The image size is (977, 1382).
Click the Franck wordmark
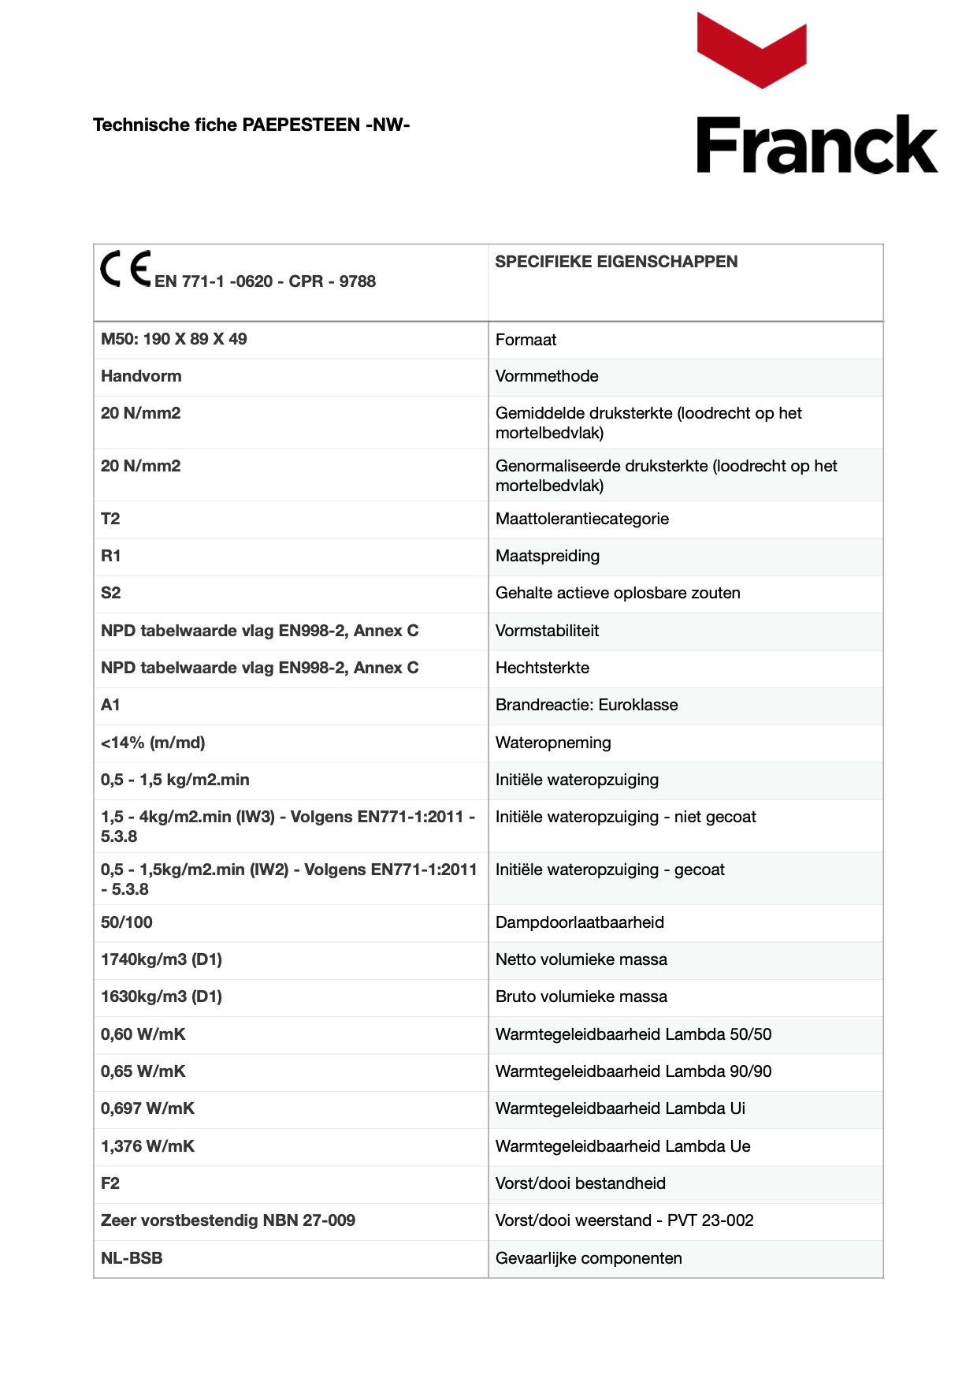(816, 145)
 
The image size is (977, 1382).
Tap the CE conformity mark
(125, 269)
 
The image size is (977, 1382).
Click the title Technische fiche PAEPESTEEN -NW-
(251, 125)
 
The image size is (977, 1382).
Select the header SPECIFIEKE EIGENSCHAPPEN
(616, 262)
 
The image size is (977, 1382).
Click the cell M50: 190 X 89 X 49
(174, 339)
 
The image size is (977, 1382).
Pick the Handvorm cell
(141, 376)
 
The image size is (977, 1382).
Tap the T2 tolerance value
(110, 519)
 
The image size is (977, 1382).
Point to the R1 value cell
(111, 556)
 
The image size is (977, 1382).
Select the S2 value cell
(111, 593)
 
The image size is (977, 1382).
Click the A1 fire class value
(110, 705)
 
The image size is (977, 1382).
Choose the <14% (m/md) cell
(153, 743)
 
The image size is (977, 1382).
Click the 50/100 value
(127, 922)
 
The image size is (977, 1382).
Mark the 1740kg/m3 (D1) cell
(162, 959)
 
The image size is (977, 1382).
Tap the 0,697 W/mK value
(147, 1108)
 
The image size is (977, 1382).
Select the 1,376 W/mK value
(147, 1146)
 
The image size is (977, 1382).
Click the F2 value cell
(110, 1183)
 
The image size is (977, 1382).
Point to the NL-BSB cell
(132, 1258)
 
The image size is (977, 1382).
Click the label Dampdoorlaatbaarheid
(580, 922)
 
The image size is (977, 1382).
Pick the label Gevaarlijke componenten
(589, 1258)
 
